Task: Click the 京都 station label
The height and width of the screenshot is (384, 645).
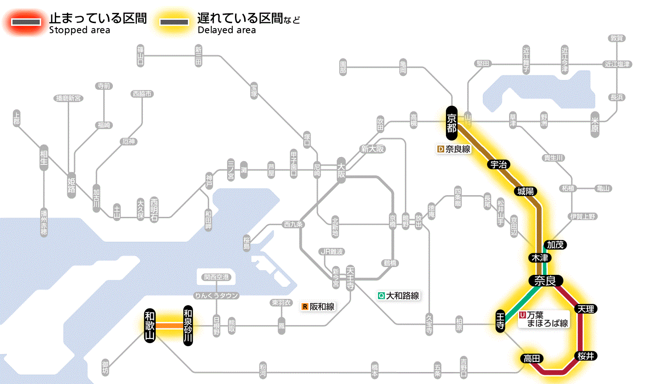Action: pos(451,123)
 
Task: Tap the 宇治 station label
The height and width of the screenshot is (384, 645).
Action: pos(498,164)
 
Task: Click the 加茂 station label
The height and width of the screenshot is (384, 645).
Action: pos(555,244)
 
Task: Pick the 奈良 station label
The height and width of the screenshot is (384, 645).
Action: pos(545,280)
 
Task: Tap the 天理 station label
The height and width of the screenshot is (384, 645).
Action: pos(586,308)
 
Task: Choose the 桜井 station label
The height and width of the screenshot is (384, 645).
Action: pos(586,355)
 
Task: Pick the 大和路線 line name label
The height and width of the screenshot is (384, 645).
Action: pos(399,296)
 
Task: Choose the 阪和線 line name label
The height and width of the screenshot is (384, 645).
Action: pos(318,307)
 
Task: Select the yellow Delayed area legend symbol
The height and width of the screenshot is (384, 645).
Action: pos(174,22)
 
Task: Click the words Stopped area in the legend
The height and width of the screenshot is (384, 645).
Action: pos(79,30)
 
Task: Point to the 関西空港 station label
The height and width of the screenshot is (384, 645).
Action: pos(217,277)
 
